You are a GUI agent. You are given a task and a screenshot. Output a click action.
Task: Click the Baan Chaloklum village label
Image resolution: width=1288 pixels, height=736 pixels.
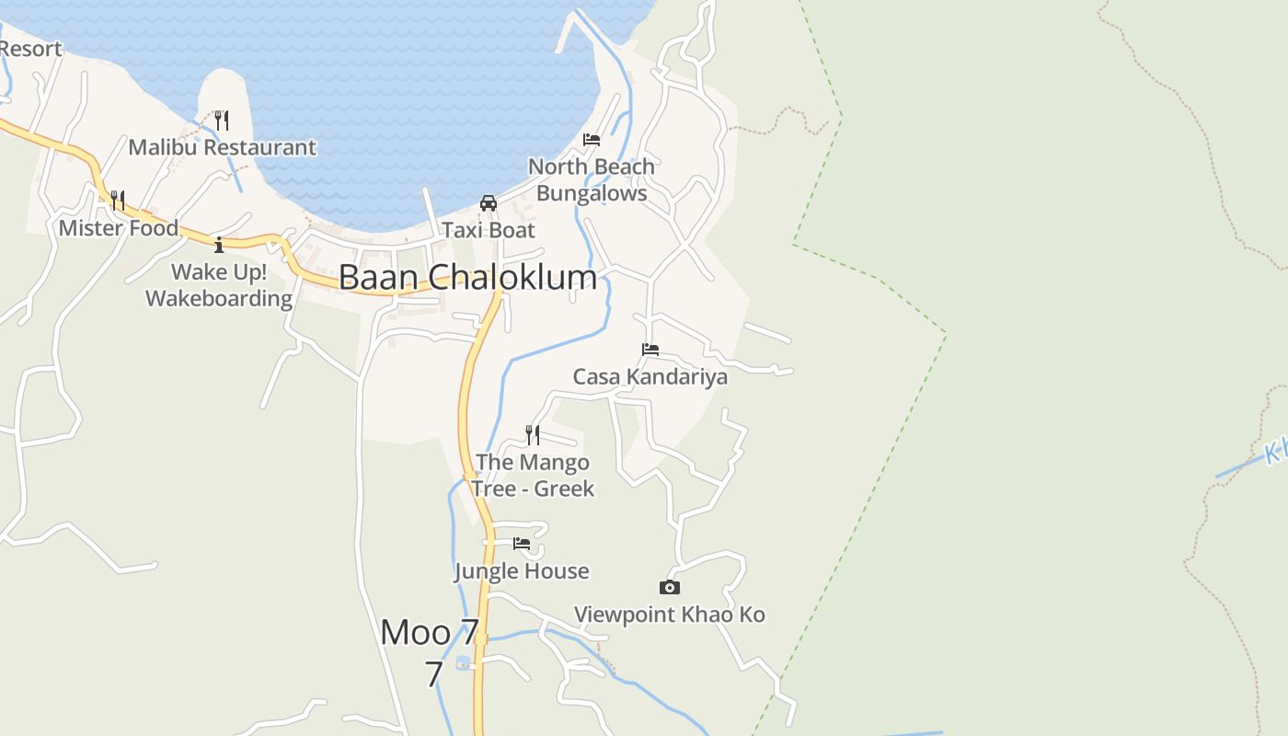click(467, 277)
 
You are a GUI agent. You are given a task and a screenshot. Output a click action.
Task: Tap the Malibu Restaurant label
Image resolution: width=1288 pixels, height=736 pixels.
click(222, 147)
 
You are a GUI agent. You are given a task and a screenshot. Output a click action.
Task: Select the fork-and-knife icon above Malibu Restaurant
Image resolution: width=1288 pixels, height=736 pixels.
click(221, 121)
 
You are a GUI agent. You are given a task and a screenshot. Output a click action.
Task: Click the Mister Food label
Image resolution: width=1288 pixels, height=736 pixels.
click(119, 227)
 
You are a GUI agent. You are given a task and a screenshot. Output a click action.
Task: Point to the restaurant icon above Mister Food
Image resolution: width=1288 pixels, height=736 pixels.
click(118, 200)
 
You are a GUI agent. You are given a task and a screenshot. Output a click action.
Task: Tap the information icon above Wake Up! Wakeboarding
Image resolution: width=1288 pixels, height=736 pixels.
click(219, 245)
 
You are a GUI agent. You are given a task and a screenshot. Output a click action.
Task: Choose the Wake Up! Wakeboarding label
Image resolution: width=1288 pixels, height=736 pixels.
click(219, 285)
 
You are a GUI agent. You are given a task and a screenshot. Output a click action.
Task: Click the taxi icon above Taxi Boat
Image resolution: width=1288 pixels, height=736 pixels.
click(489, 203)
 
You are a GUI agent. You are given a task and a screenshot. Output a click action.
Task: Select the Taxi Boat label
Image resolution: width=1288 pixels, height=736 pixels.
click(489, 230)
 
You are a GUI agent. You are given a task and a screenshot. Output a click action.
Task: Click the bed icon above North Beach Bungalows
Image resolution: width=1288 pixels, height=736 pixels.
click(592, 140)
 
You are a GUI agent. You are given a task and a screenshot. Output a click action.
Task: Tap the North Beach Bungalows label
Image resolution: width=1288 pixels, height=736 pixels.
click(592, 180)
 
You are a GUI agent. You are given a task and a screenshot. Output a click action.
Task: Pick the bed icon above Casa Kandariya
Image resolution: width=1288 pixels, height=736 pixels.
click(650, 350)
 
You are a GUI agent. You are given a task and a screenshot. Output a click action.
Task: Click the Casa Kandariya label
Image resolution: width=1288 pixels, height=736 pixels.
click(650, 376)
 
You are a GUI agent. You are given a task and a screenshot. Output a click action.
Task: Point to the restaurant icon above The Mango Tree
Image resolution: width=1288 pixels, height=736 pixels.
click(533, 434)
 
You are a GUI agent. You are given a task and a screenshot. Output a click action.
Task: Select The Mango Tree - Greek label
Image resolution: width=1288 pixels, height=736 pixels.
click(533, 475)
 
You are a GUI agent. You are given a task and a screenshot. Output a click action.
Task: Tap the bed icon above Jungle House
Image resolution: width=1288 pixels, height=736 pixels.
click(522, 544)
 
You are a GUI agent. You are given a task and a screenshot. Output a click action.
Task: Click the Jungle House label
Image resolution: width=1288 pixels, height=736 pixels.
click(522, 571)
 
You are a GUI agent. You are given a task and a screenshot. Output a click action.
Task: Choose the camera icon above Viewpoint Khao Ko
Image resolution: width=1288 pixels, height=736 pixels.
click(670, 587)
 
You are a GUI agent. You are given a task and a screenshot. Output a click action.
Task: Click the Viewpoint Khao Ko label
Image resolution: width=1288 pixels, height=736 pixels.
click(670, 615)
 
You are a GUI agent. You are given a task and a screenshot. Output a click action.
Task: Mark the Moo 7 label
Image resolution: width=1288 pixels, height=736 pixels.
click(430, 633)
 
